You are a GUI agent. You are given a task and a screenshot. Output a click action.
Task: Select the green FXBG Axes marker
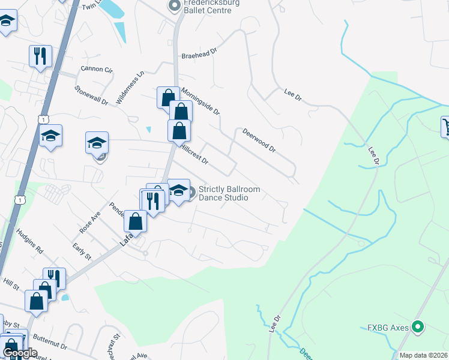coord(419,327)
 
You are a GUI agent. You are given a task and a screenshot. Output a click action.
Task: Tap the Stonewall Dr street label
coord(91,95)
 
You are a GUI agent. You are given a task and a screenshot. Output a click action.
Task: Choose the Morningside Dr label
coord(201,99)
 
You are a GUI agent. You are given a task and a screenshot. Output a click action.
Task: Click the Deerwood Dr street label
coord(259,139)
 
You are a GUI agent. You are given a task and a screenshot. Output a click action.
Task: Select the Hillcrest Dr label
coord(193,153)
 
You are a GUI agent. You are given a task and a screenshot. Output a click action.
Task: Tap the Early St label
coord(82,252)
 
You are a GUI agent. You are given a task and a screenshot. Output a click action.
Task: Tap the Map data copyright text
coord(423,355)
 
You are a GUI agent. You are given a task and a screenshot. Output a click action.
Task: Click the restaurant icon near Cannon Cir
coord(40,56)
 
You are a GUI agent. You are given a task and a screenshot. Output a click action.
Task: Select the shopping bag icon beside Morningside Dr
coord(168,97)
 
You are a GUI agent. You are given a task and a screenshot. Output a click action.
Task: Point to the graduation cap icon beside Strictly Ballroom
coord(178,190)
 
